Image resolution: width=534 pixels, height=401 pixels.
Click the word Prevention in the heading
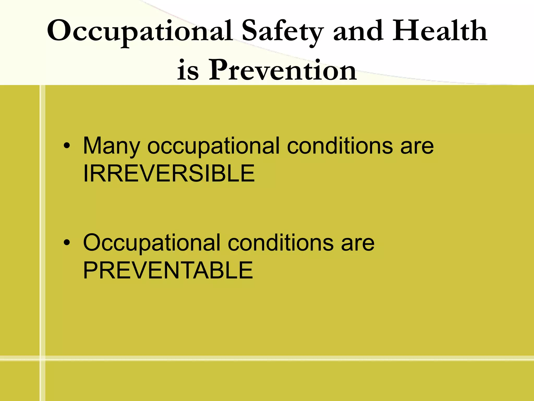283,70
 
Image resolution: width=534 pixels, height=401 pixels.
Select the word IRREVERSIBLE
169,173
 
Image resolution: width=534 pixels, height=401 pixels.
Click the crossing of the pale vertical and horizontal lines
43,358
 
